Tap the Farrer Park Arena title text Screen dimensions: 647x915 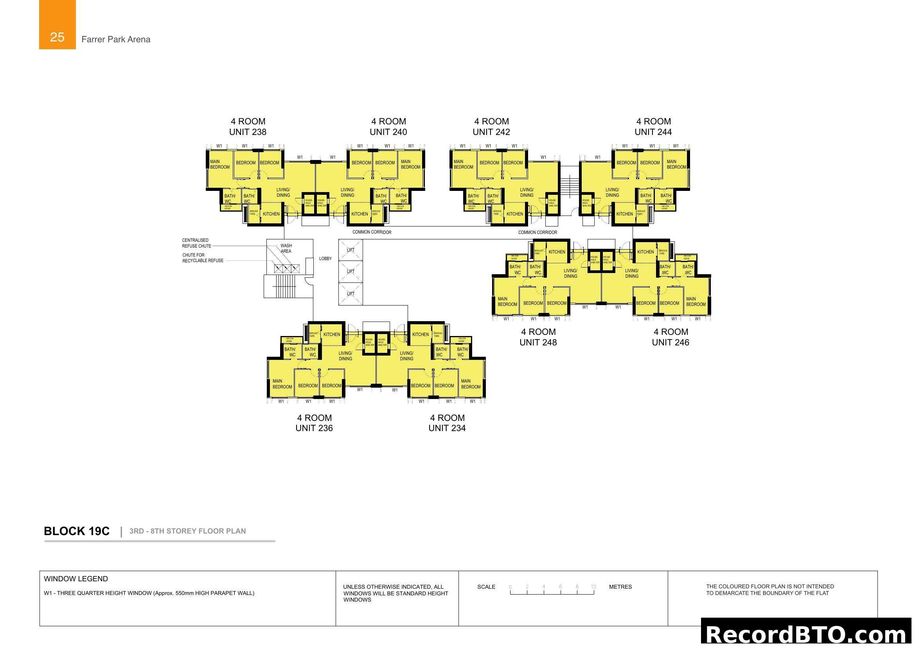(115, 40)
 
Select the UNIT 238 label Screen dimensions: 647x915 (248, 132)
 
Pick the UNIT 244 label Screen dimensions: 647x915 (653, 132)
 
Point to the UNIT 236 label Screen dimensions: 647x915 (314, 428)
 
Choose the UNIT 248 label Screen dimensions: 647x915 (538, 342)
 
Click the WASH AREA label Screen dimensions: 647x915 (286, 248)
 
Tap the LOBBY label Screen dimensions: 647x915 (325, 259)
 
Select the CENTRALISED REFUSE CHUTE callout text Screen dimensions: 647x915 (196, 243)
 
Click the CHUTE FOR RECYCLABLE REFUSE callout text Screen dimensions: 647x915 (203, 258)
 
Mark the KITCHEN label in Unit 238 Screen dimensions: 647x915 (271, 214)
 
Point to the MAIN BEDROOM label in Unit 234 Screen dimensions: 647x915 (471, 384)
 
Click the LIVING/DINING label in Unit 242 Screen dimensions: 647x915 (527, 192)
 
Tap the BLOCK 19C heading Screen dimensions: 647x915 (77, 531)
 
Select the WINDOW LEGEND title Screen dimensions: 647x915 (76, 579)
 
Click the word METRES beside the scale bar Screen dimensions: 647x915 (620, 587)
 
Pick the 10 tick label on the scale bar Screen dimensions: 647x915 (593, 587)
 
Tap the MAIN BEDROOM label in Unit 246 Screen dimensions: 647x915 (696, 302)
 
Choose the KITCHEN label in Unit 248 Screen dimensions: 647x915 (557, 252)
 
